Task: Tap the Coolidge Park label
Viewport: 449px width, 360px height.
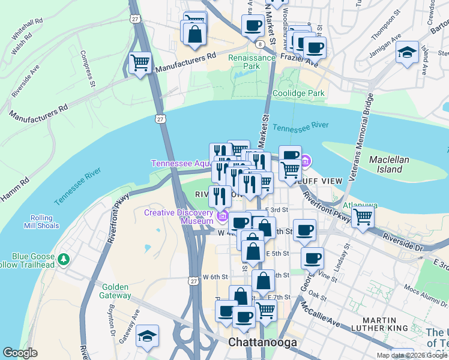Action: point(298,93)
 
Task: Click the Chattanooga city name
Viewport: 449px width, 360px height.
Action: point(260,342)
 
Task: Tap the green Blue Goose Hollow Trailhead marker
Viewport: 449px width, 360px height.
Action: point(64,259)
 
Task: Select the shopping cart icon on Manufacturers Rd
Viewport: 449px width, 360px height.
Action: point(140,62)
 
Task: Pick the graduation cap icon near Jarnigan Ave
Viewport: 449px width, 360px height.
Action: point(408,52)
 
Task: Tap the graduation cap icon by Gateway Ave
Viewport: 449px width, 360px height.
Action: point(147,337)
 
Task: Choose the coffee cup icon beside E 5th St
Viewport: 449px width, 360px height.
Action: point(312,258)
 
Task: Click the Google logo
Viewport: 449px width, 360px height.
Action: point(20,353)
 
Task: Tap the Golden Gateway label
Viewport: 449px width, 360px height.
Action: point(116,291)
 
